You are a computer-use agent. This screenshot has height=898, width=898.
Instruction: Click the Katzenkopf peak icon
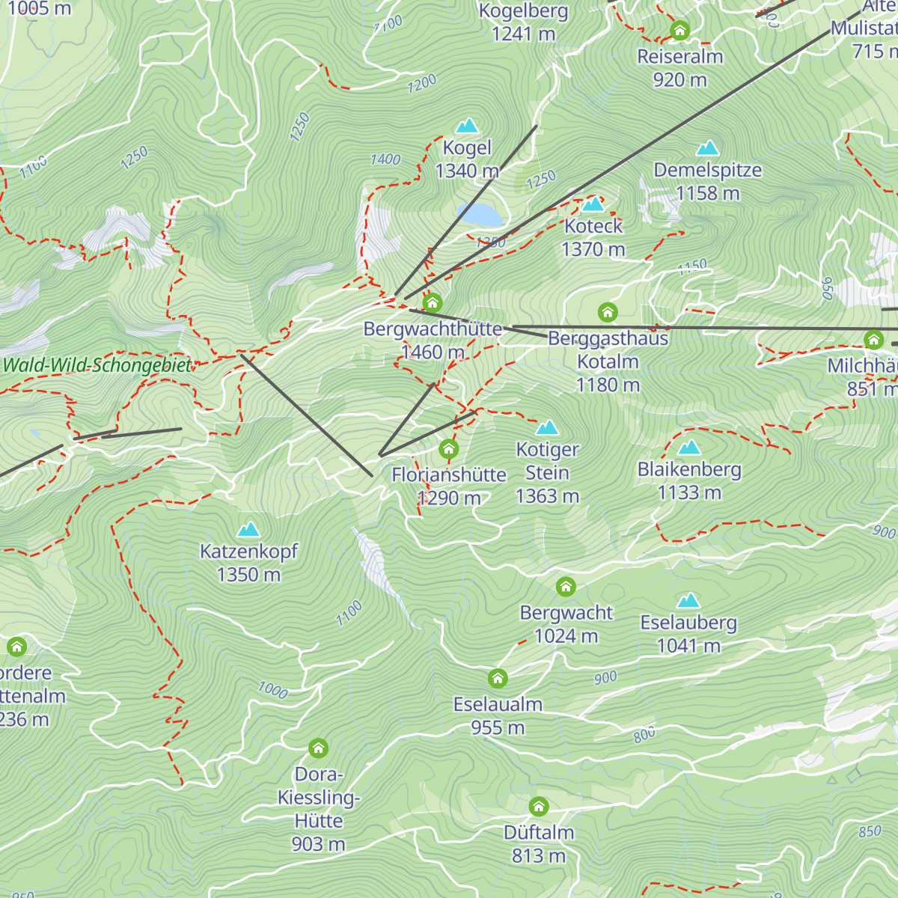[248, 530]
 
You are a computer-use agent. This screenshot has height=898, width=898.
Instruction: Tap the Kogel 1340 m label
[467, 159]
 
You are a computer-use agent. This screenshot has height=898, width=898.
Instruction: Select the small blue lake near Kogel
[480, 216]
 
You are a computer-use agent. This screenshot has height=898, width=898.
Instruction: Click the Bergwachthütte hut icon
[433, 303]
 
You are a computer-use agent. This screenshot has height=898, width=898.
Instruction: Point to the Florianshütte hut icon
[448, 449]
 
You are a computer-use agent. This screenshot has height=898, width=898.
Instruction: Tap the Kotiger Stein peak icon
[547, 428]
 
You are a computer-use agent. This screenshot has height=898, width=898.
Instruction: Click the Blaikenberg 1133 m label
[689, 481]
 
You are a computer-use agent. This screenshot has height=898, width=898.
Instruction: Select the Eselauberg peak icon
[688, 601]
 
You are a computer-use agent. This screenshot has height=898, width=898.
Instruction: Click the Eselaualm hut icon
[498, 679]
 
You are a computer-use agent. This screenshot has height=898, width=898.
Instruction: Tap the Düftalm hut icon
[539, 807]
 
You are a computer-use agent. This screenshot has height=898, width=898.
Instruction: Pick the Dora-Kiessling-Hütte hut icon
[318, 748]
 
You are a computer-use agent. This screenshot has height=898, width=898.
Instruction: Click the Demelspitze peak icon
[707, 148]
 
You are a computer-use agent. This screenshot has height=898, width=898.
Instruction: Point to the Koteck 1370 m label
[593, 237]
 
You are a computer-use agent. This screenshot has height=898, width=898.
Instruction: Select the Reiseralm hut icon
[679, 31]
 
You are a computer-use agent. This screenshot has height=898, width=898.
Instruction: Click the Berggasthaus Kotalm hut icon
[608, 311]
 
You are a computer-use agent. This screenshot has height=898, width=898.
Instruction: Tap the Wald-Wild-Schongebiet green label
[97, 366]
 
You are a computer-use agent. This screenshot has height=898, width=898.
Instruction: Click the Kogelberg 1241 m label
[524, 22]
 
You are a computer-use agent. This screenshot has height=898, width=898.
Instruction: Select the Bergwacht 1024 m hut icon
[566, 587]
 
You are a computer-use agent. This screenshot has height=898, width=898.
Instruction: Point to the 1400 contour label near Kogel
[385, 159]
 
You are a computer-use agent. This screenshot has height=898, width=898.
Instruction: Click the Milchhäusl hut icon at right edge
[873, 340]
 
